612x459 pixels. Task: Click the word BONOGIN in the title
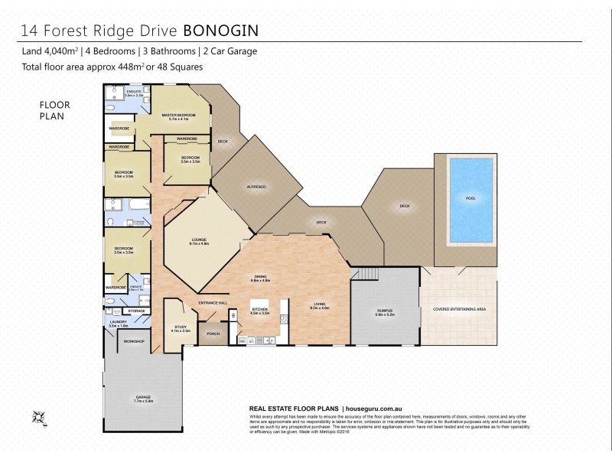click(x=223, y=30)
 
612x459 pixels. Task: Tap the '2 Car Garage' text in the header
click(x=229, y=51)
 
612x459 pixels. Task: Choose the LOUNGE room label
click(x=200, y=241)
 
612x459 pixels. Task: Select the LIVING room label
click(x=319, y=305)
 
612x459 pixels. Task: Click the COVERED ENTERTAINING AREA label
click(x=460, y=309)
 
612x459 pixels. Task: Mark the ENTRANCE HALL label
click(x=213, y=304)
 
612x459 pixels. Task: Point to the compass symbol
click(x=37, y=417)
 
